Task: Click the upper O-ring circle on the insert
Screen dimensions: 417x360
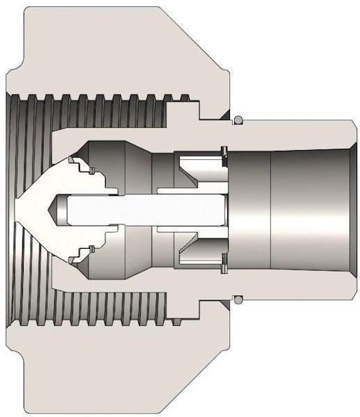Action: [238, 117]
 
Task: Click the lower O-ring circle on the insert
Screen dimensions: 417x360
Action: [238, 300]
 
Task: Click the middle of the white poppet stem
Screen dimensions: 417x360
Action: [139, 208]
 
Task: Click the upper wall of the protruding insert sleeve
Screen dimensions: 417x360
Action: [292, 127]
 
